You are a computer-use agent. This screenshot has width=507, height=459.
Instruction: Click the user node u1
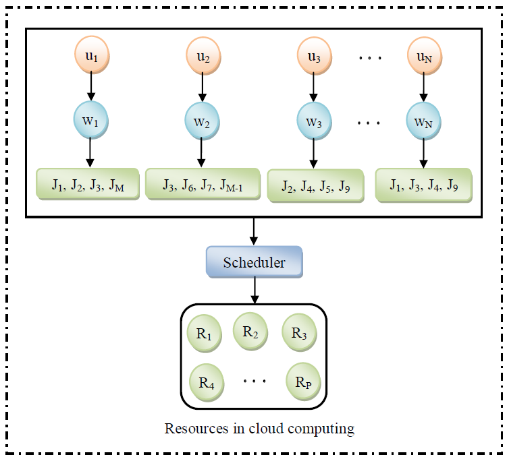[x=90, y=57]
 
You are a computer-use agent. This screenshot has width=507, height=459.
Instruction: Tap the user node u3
[x=313, y=57]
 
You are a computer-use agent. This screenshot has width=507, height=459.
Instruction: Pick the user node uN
[x=423, y=57]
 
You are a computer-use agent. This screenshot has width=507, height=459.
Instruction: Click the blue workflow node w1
[x=90, y=121]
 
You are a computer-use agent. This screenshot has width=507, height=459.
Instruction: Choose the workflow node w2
[x=202, y=121]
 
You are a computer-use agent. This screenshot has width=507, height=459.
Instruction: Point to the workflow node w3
[x=313, y=121]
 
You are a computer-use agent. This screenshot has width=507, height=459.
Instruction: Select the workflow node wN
[x=423, y=121]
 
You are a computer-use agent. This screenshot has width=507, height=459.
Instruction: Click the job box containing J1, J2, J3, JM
[x=87, y=184]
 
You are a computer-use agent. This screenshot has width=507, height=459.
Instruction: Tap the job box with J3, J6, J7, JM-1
[x=202, y=183]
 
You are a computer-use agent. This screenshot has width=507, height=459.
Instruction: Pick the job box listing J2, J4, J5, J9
[x=315, y=185]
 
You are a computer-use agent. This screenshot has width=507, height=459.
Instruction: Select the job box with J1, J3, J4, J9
[x=423, y=185]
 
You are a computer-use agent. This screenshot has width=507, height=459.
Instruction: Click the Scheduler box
[x=254, y=262]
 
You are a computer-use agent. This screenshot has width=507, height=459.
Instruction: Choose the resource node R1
[x=205, y=334]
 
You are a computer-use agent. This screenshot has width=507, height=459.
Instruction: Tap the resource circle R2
[x=250, y=330]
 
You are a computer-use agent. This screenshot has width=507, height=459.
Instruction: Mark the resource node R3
[x=299, y=333]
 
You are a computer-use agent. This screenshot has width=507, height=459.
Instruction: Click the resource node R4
[x=206, y=382]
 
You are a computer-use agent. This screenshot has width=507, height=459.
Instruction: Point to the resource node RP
[x=303, y=382]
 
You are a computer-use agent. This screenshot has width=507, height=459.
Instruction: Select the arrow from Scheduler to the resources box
[x=254, y=290]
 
